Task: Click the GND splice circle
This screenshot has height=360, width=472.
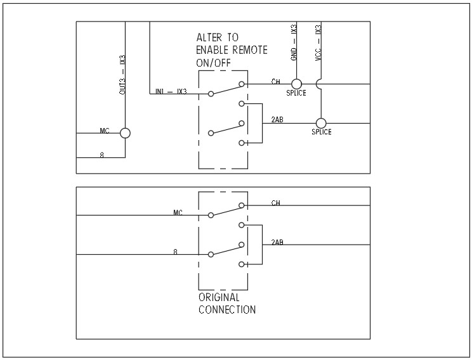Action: [x=296, y=84]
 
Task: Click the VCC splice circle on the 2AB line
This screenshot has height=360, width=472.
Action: [x=321, y=123]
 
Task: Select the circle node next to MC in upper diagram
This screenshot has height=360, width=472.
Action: [x=125, y=133]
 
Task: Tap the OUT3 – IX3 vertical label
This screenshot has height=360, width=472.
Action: [x=123, y=75]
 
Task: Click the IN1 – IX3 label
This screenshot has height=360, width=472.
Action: [x=171, y=92]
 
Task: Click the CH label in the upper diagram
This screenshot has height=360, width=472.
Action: [x=276, y=81]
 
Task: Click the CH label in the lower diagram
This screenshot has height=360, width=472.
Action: [x=276, y=203]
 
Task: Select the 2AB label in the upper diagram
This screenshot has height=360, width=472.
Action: [x=277, y=119]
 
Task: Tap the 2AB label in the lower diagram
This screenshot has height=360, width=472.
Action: [x=277, y=242]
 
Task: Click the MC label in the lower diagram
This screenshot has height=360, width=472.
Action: [x=178, y=213]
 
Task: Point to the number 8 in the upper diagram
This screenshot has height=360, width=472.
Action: [x=102, y=155]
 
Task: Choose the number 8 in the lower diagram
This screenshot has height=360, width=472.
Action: [x=175, y=252]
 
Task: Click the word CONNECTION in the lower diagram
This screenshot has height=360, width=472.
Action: [x=227, y=310]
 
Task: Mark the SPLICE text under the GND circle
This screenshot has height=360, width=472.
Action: [x=296, y=93]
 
